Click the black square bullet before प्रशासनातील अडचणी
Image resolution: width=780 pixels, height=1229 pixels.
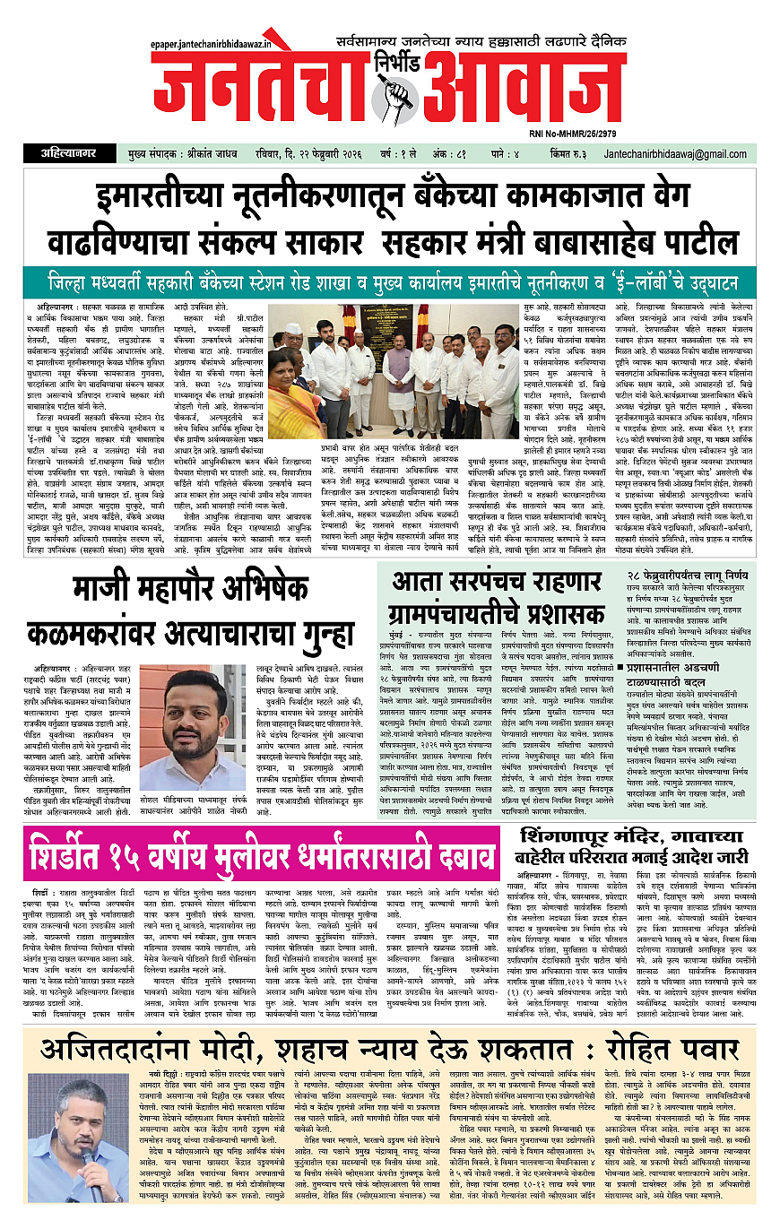607,644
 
